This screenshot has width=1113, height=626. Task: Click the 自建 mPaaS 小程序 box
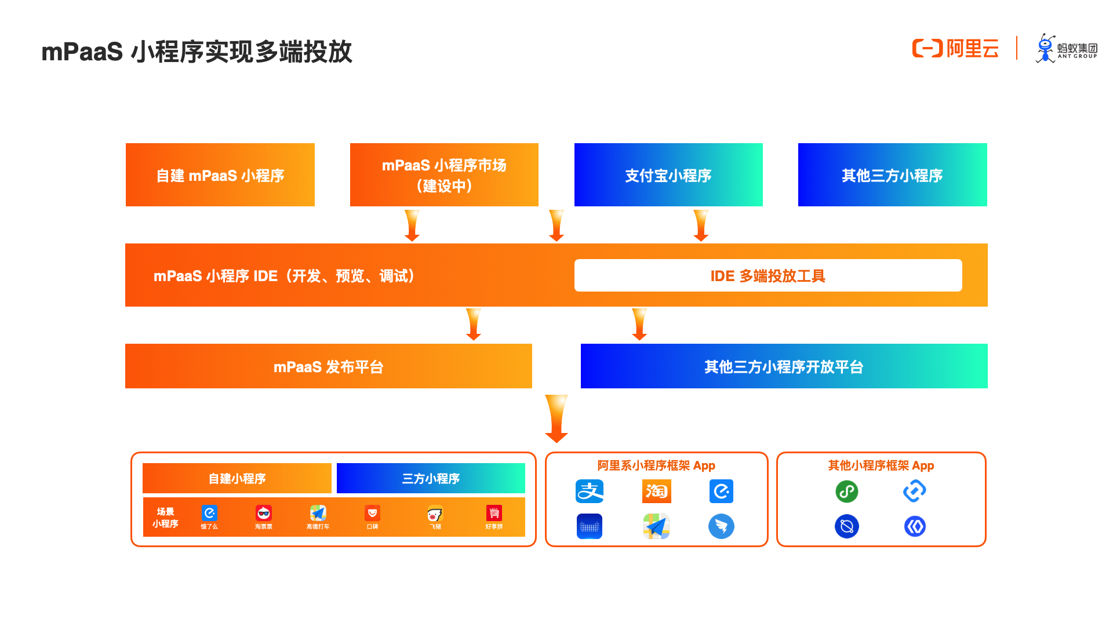pyautogui.click(x=220, y=175)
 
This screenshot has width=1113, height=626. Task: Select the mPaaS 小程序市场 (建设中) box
pyautogui.click(x=444, y=175)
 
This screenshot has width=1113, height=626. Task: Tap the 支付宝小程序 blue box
pyautogui.click(x=668, y=175)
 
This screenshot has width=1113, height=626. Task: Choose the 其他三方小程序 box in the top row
pyautogui.click(x=892, y=175)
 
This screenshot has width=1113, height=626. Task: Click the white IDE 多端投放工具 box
pyautogui.click(x=768, y=276)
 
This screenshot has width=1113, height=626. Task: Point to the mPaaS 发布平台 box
pyautogui.click(x=328, y=366)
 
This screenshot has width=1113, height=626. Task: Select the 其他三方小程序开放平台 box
pyautogui.click(x=784, y=366)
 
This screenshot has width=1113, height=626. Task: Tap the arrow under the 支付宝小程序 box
pyautogui.click(x=701, y=225)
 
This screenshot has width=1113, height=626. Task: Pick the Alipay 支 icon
pyautogui.click(x=590, y=492)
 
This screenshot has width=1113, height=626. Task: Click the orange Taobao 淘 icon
pyautogui.click(x=656, y=492)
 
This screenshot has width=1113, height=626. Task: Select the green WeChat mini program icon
pyautogui.click(x=846, y=492)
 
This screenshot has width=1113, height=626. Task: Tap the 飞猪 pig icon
pyautogui.click(x=435, y=514)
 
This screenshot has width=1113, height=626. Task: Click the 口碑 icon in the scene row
pyautogui.click(x=372, y=514)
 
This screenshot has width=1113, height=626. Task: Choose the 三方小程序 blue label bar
pyautogui.click(x=431, y=479)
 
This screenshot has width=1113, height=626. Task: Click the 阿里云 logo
pyautogui.click(x=955, y=49)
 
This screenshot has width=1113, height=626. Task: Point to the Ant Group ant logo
pyautogui.click(x=1046, y=49)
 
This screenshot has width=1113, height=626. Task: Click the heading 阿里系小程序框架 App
pyautogui.click(x=656, y=465)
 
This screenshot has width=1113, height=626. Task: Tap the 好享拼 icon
pyautogui.click(x=494, y=514)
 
